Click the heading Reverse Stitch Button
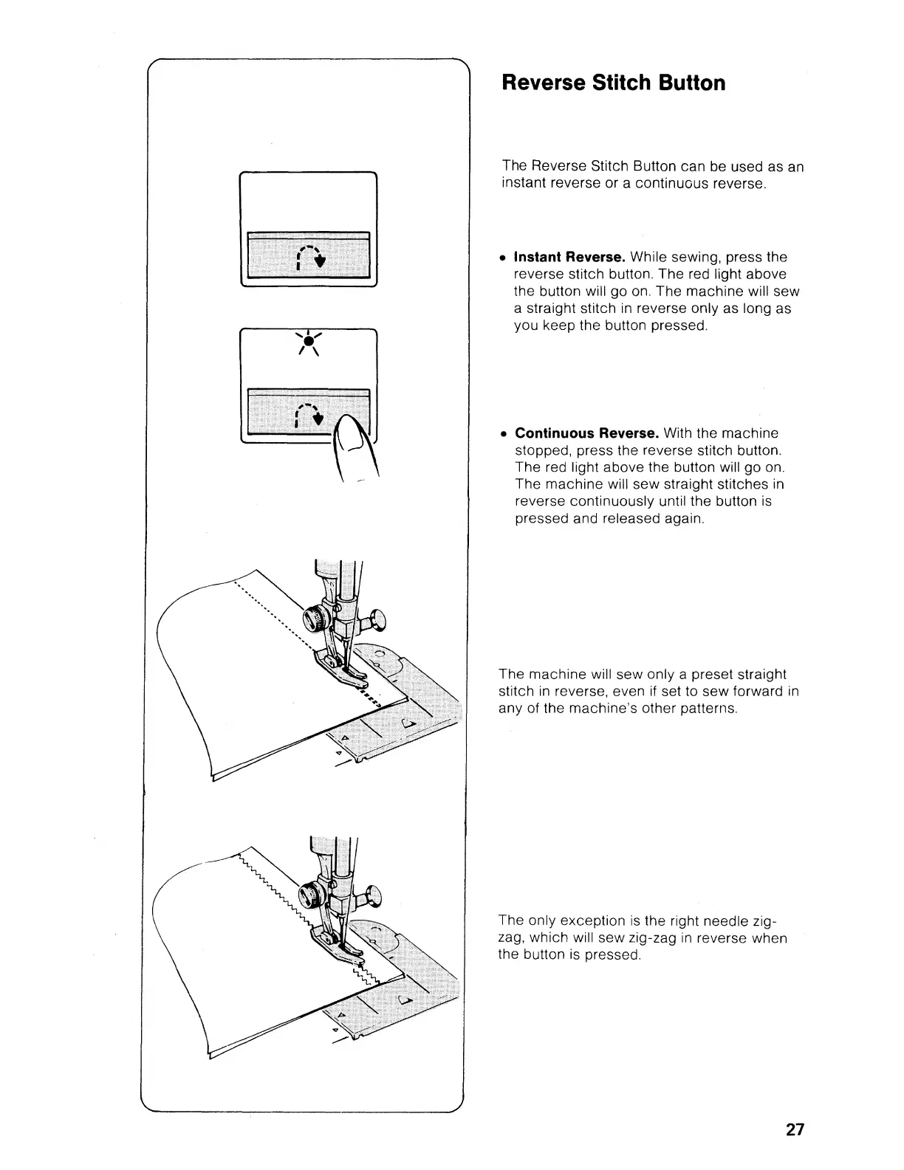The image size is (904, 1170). pos(613,83)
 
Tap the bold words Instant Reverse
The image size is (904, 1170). pos(569,257)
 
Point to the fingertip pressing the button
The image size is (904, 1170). pos(350,436)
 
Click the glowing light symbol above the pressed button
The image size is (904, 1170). pos(308,343)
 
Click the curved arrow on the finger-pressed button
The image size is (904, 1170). pos(307,416)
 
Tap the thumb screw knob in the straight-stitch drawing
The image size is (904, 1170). pos(378,617)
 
